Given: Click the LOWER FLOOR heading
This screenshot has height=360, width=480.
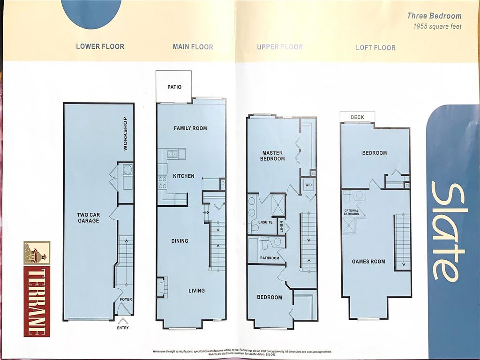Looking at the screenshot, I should click(x=100, y=46).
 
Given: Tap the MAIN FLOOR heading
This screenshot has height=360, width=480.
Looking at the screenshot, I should click(x=193, y=47).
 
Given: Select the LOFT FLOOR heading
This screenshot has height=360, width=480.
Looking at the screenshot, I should click(x=375, y=47).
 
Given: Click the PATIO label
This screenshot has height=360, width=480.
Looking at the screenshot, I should click(x=174, y=87).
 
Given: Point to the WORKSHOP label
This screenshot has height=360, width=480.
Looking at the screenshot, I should click(x=125, y=133).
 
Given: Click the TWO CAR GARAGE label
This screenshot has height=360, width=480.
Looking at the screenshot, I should click(x=88, y=217).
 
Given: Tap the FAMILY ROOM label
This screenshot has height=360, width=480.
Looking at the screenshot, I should click(x=190, y=128).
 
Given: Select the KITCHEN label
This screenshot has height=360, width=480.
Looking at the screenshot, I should click(x=183, y=176).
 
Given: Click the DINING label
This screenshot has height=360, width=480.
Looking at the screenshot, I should click(x=180, y=241).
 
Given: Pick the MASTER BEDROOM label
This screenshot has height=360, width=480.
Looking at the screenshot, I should click(x=273, y=156).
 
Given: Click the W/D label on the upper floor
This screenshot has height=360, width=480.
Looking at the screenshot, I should click(x=308, y=185).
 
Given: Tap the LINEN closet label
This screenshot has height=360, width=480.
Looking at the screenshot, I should click(x=282, y=227).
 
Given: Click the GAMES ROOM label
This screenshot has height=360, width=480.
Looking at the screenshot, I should click(x=368, y=262).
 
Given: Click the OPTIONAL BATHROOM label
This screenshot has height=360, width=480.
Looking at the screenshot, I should click(x=352, y=212).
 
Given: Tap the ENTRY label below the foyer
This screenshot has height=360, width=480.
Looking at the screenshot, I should click(x=123, y=328).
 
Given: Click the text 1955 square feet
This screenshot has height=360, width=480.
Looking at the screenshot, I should click(x=437, y=26).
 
